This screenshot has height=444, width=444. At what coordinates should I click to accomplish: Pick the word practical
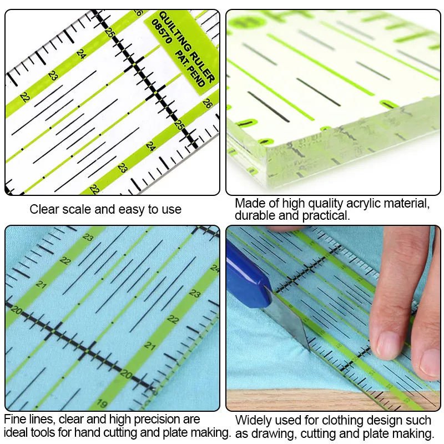(x=327, y=215)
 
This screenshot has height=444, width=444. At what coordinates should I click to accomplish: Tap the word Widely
(x=254, y=421)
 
